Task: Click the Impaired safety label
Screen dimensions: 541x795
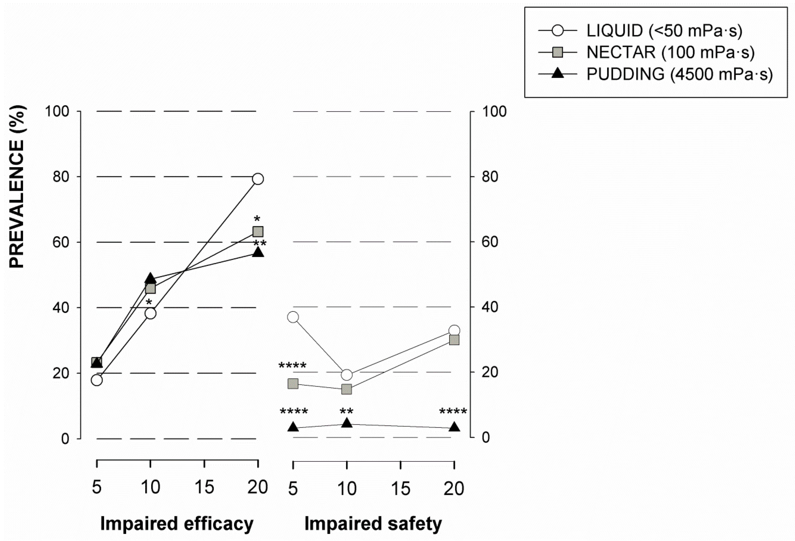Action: pos(373,523)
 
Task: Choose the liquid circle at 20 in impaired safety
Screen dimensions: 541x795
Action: pos(454,330)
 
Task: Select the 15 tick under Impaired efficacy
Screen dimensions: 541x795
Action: pos(204,487)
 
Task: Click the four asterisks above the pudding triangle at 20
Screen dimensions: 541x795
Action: pos(453,411)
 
